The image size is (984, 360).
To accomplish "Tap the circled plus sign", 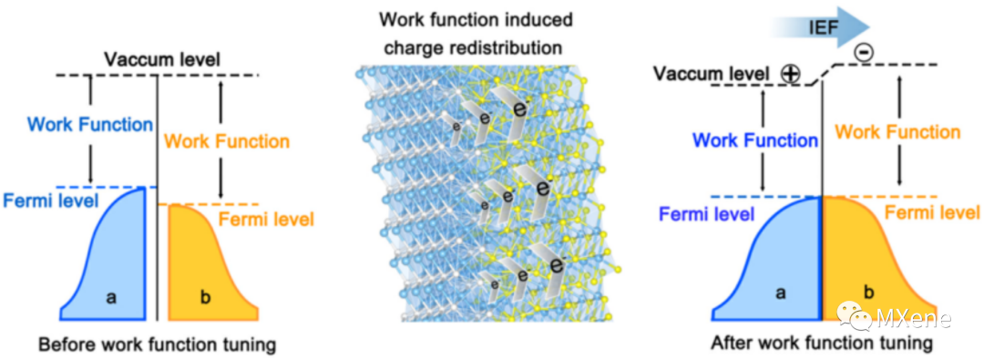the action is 789,74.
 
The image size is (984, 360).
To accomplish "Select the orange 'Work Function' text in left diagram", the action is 227,141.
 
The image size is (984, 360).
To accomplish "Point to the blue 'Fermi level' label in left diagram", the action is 51,201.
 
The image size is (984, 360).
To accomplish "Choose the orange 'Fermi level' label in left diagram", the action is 265,220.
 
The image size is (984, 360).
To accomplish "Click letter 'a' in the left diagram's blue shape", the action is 112,297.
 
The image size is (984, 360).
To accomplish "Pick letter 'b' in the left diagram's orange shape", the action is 205,297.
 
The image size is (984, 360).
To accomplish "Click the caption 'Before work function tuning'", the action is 158,345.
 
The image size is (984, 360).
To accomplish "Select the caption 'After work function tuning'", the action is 822,344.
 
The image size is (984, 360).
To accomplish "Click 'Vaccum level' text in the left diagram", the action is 162,59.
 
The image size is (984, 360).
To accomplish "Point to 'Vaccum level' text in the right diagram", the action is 712,74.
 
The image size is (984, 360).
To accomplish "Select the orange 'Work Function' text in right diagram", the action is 898,132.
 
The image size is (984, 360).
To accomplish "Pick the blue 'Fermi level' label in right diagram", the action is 706,215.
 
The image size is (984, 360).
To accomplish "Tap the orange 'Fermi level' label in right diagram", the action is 932,213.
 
